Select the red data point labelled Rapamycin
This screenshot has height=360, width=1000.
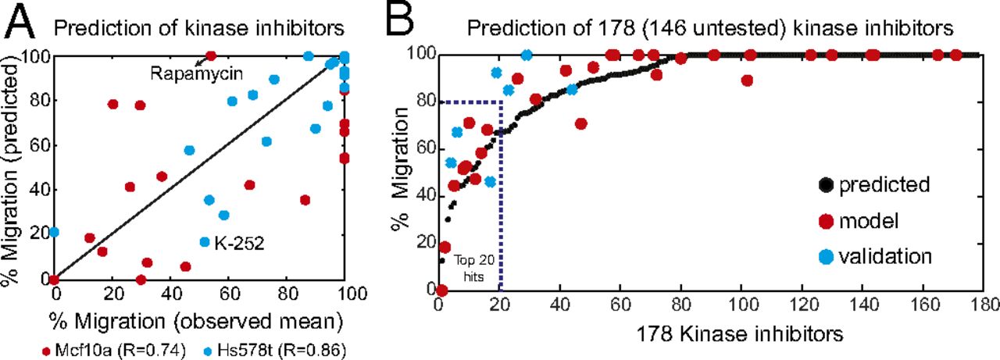click(x=210, y=56)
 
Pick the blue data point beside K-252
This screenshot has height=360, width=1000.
click(x=205, y=242)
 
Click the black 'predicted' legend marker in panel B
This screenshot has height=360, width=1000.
click(x=821, y=186)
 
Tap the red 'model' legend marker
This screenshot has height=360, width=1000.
click(x=821, y=221)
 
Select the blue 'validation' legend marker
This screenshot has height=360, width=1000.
click(x=821, y=255)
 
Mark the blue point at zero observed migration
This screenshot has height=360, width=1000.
click(x=54, y=232)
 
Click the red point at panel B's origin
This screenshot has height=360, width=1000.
click(x=441, y=290)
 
